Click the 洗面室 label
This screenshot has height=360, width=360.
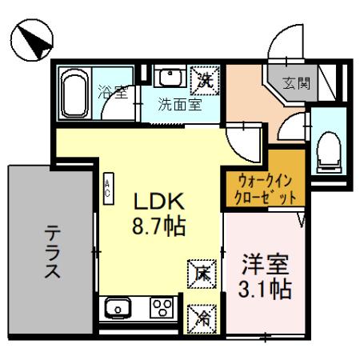(x=178, y=103)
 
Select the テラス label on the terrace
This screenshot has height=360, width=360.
(x=53, y=251)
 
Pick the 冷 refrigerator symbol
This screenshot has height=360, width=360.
(x=200, y=318)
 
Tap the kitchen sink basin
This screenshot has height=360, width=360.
(x=117, y=306)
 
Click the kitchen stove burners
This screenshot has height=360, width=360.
(x=163, y=307)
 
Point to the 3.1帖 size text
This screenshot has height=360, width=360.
(x=265, y=287)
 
